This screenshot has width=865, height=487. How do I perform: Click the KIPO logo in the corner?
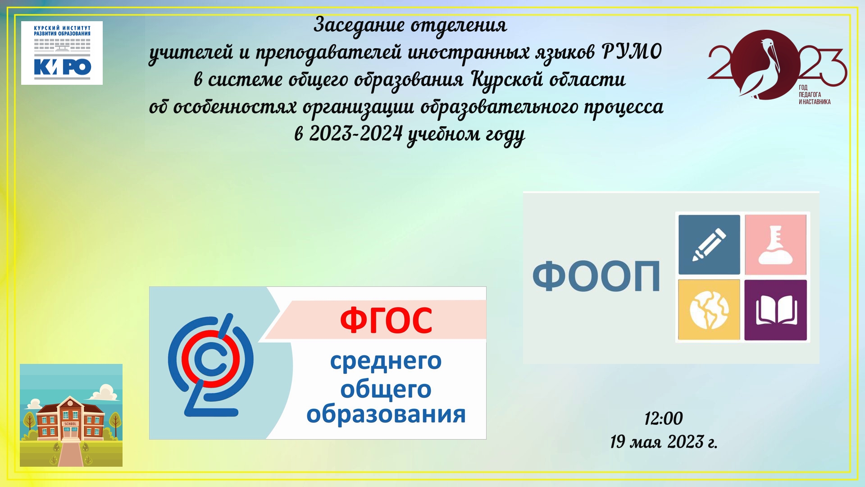pyautogui.click(x=62, y=53)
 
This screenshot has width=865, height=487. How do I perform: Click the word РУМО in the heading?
pyautogui.click(x=631, y=52)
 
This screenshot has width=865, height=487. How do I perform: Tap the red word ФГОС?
pyautogui.click(x=386, y=320)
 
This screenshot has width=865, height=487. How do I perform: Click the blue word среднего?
pyautogui.click(x=386, y=361)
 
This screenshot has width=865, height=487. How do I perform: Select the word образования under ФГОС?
pyautogui.click(x=386, y=414)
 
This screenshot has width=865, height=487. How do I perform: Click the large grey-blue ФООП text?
pyautogui.click(x=596, y=276)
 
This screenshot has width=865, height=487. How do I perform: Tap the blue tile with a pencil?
pyautogui.click(x=709, y=244)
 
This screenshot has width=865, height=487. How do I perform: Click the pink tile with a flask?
pyautogui.click(x=775, y=244)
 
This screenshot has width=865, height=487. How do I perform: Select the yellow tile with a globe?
pyautogui.click(x=709, y=310)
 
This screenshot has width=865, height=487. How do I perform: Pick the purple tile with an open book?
pyautogui.click(x=775, y=310)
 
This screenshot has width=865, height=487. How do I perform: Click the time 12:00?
pyautogui.click(x=663, y=418)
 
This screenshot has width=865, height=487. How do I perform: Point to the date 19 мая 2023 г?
pyautogui.click(x=664, y=442)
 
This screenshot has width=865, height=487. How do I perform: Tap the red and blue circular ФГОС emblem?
pyautogui.click(x=210, y=365)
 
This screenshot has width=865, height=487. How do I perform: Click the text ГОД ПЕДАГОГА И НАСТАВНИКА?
pyautogui.click(x=815, y=95)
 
